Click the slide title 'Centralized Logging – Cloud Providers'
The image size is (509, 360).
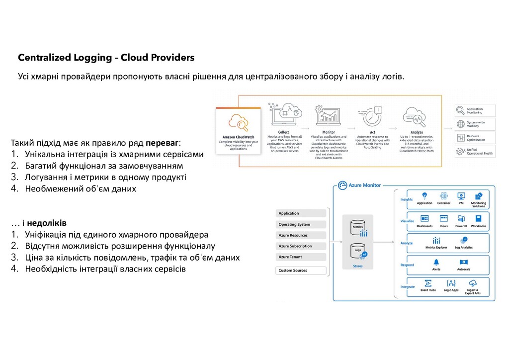(x=106, y=58)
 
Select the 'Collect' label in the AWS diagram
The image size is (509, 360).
(x=283, y=132)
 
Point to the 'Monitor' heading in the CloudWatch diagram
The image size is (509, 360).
(x=329, y=132)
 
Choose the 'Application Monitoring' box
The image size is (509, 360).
(x=476, y=111)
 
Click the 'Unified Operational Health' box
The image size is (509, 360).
(x=476, y=152)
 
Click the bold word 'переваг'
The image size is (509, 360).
(x=162, y=141)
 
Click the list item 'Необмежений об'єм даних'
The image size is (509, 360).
(x=81, y=189)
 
